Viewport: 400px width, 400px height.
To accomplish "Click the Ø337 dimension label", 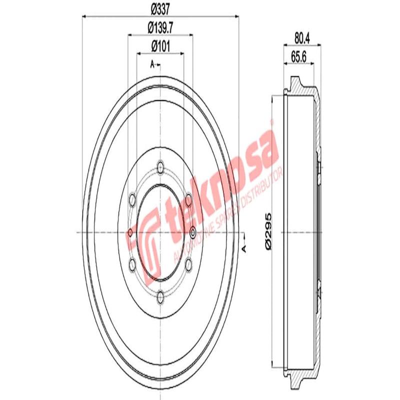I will tap(159, 9).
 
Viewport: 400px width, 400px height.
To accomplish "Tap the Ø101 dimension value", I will tap(160, 45).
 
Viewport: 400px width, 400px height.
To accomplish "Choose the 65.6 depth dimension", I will tap(298, 56).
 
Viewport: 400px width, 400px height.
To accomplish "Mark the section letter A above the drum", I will tap(152, 64).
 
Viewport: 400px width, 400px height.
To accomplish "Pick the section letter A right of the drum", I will tap(244, 248).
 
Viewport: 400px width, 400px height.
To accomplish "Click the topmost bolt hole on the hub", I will tap(160, 166).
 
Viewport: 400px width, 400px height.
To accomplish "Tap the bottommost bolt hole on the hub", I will tap(160, 299).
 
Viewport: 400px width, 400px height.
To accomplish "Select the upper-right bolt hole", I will tap(188, 200).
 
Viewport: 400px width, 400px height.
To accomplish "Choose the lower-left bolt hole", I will tap(132, 265).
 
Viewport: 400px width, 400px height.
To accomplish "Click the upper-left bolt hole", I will tap(132, 200).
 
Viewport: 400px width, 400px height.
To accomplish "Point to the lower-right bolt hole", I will tap(188, 265).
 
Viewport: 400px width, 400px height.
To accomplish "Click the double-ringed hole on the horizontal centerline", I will tap(193, 232).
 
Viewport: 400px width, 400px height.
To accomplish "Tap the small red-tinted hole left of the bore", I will tap(130, 232).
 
